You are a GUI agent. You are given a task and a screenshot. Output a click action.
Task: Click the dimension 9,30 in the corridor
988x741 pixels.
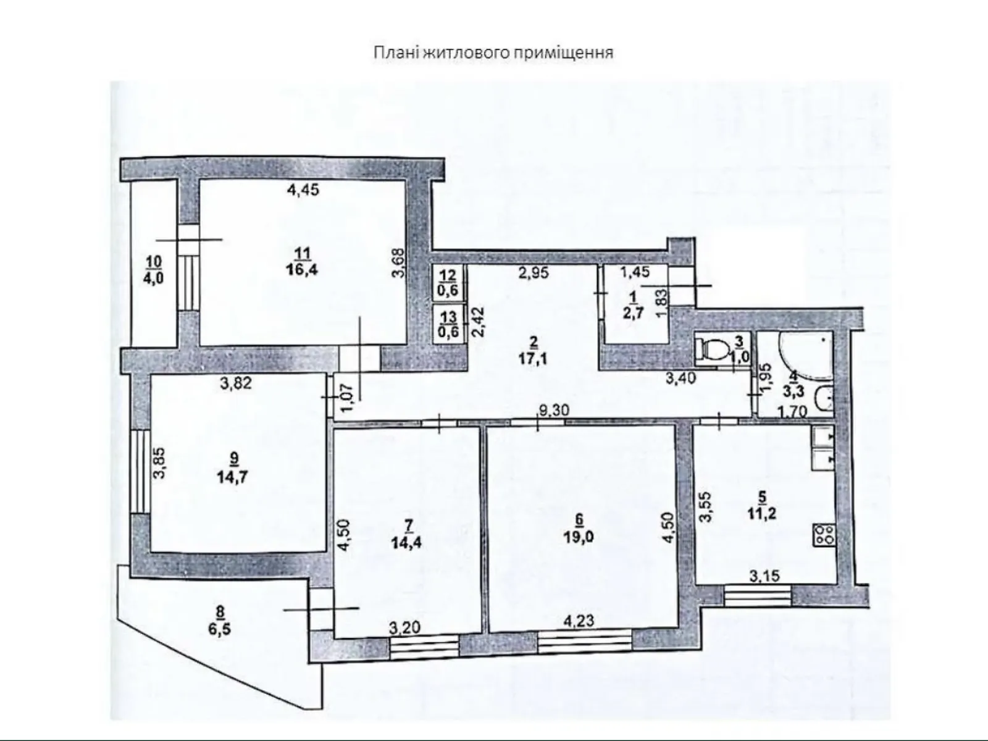tap(552, 408)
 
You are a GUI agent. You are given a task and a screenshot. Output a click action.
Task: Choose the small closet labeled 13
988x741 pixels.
tap(449, 323)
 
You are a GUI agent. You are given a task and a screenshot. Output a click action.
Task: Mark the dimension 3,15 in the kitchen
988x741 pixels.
tap(764, 576)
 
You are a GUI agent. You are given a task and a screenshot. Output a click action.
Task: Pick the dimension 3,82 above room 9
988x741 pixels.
tap(235, 383)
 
